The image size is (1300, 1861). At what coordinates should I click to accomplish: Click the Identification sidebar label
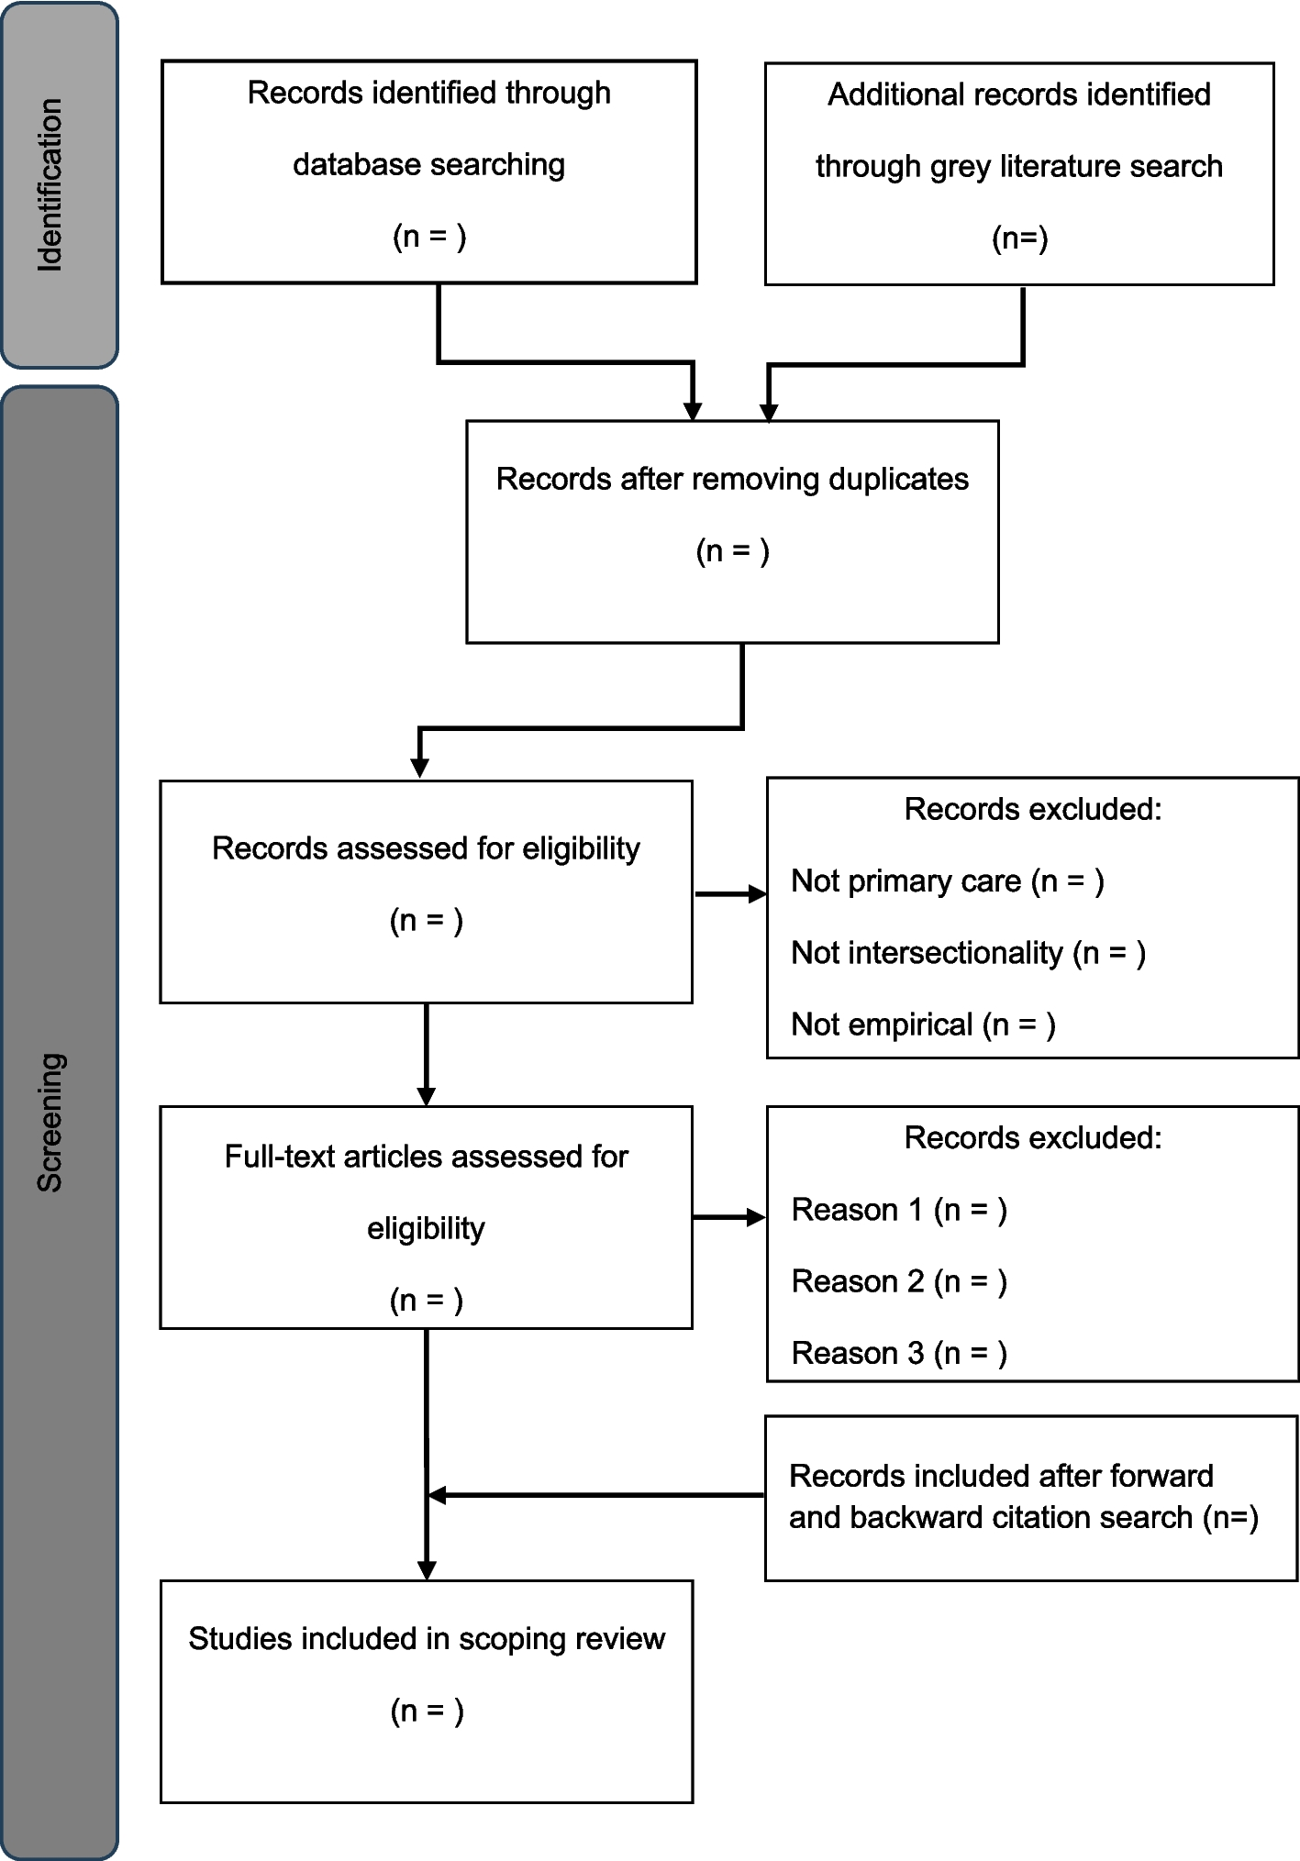click(x=50, y=184)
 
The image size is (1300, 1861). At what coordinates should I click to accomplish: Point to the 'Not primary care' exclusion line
click(x=947, y=881)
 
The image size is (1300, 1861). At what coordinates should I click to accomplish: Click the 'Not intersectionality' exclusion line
click(x=968, y=953)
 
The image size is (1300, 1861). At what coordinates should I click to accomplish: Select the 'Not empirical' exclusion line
click(x=923, y=1025)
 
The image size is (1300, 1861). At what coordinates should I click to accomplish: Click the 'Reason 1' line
click(x=899, y=1210)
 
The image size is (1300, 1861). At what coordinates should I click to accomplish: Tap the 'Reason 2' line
click(x=899, y=1281)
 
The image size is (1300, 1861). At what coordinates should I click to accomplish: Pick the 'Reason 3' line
click(x=899, y=1353)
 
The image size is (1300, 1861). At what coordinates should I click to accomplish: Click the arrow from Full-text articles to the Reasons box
click(x=728, y=1217)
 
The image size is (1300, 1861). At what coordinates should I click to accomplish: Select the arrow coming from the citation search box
click(x=596, y=1495)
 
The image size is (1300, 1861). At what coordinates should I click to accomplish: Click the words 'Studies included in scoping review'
click(x=427, y=1639)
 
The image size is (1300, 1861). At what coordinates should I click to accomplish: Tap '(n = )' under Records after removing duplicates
click(x=732, y=551)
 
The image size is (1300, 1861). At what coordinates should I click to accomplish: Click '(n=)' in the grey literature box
click(x=1019, y=238)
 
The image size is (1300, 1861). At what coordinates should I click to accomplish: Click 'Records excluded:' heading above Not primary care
click(x=1033, y=809)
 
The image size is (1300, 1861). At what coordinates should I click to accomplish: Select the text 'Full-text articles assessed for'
click(x=427, y=1157)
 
